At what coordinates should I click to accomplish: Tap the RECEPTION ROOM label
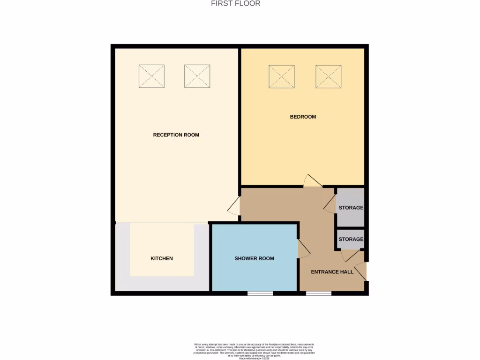(176, 135)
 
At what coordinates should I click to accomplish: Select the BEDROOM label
(303, 117)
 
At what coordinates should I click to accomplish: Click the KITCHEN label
(162, 258)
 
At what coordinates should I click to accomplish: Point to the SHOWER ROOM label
(255, 258)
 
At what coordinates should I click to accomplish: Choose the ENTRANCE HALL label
(332, 272)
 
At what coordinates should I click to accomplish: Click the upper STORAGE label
(351, 208)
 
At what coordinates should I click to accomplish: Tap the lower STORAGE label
(351, 239)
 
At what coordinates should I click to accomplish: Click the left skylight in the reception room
(151, 76)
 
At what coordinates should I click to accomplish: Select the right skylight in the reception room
(197, 76)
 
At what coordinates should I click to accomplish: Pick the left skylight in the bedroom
(281, 76)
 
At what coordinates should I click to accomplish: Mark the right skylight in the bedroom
(328, 76)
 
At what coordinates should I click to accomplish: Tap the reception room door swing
(234, 206)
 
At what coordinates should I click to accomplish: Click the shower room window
(260, 293)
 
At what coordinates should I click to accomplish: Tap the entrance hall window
(319, 293)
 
